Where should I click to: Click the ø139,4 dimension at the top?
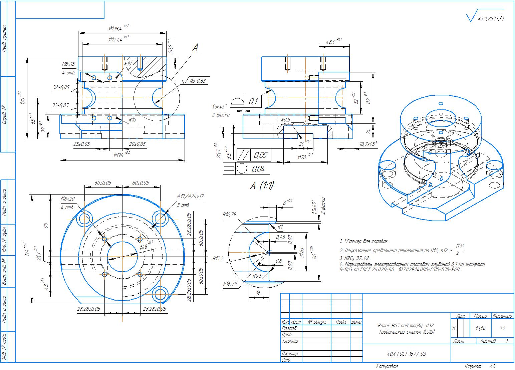(x=117, y=28)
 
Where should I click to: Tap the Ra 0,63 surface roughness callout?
(x=198, y=81)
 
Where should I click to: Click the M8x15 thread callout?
(x=68, y=64)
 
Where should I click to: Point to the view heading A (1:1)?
(x=262, y=186)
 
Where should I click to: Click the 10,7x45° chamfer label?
(x=367, y=144)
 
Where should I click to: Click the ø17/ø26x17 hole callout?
(x=190, y=197)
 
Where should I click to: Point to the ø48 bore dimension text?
(x=144, y=247)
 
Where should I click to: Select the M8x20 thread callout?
(x=67, y=199)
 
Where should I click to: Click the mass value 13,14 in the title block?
(x=480, y=329)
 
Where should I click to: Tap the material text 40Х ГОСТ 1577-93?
(x=406, y=354)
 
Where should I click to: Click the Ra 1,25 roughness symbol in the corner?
(x=486, y=19)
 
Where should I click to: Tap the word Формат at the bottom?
(x=473, y=366)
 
